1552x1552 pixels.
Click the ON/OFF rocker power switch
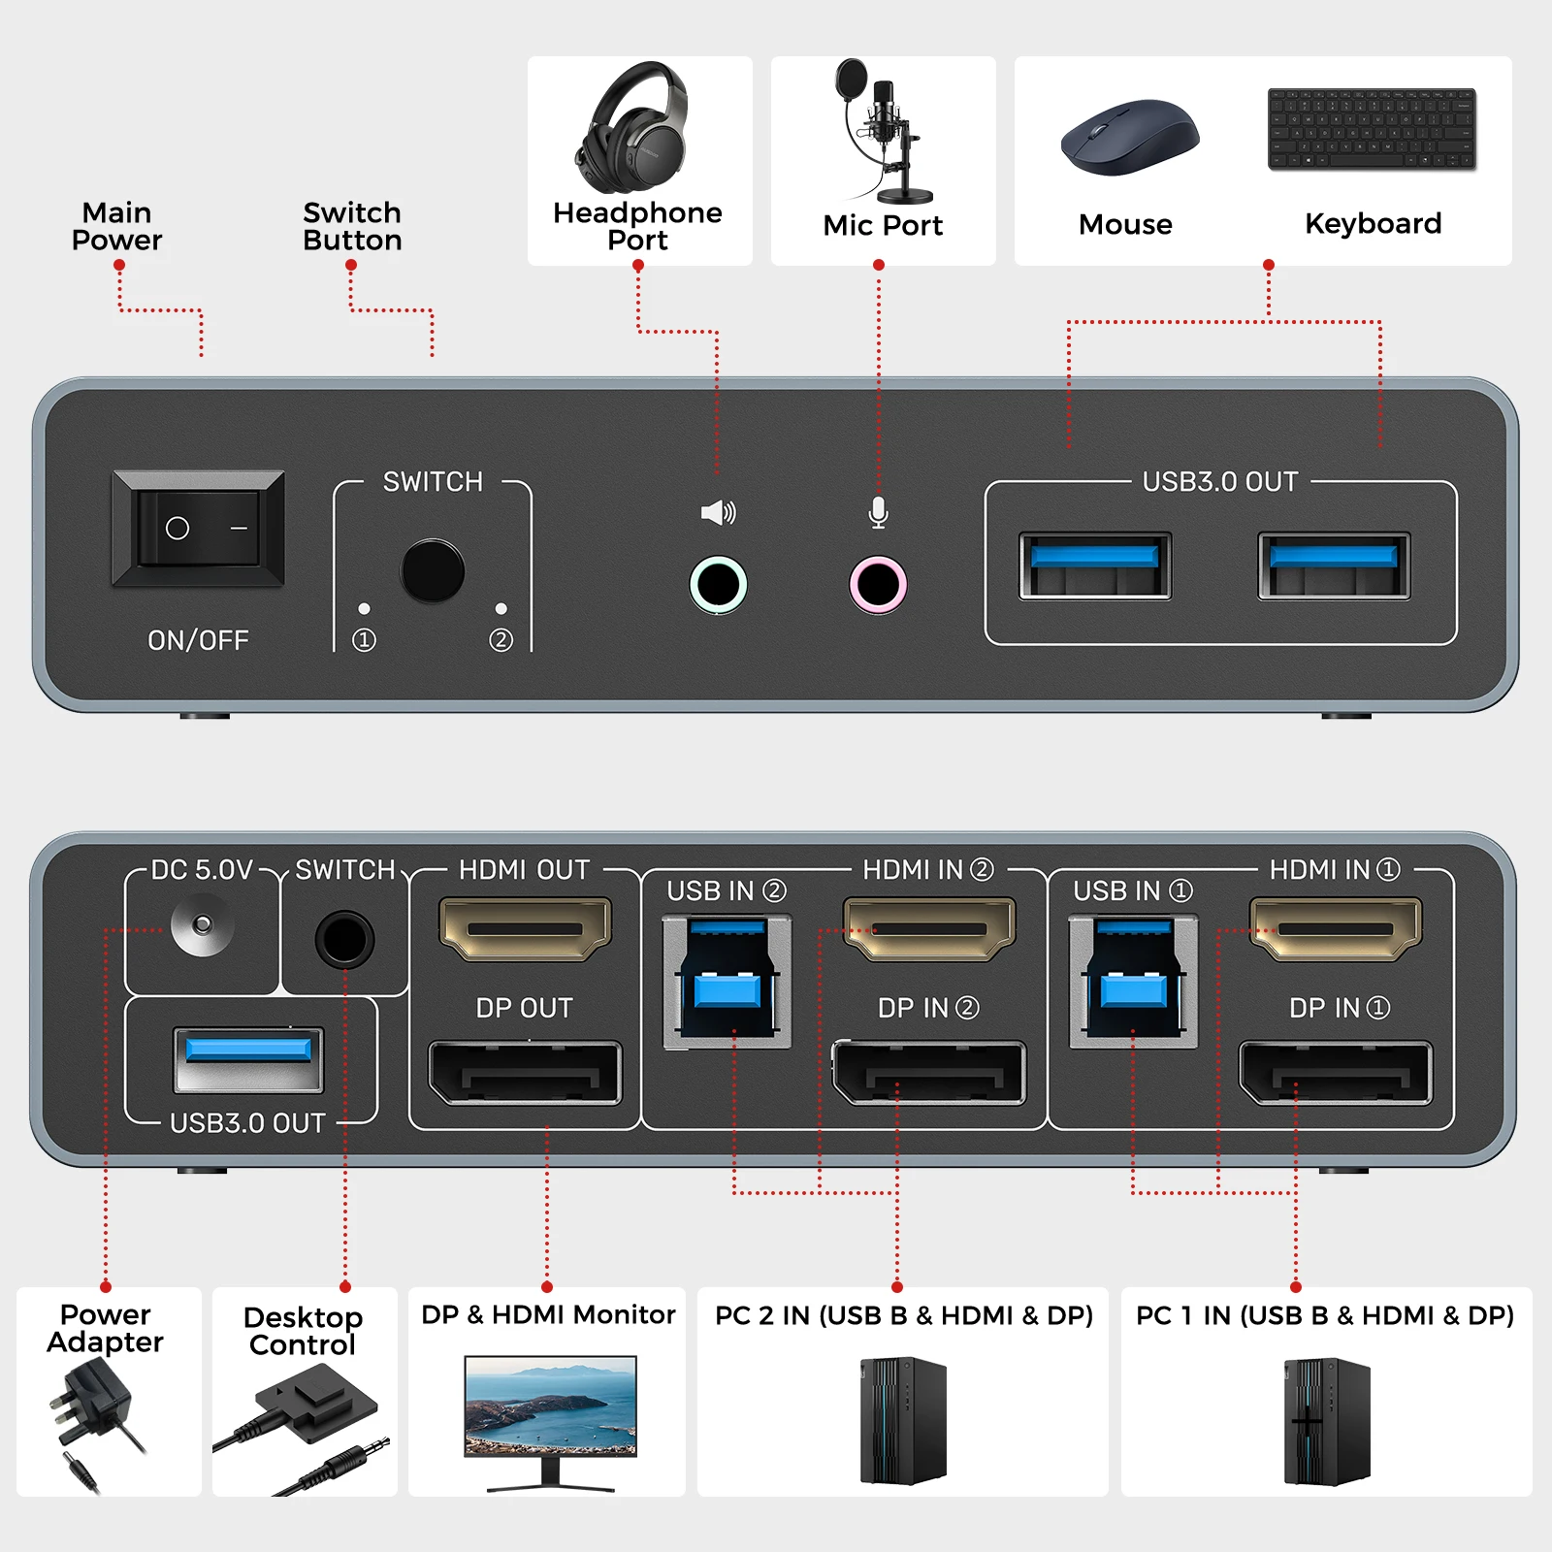coord(199,529)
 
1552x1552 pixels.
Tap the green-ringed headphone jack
coord(718,584)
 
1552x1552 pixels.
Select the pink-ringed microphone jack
coord(878,584)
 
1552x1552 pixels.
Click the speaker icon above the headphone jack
coord(718,512)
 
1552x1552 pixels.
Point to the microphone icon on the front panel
coord(878,512)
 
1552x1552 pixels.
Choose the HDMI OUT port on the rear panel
coord(525,928)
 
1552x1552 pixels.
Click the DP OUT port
coord(525,1073)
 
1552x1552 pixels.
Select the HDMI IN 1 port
coord(1336,928)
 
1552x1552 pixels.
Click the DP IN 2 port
coord(928,1073)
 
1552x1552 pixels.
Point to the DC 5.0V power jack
coord(202,924)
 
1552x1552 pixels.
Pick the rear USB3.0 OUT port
coord(248,1059)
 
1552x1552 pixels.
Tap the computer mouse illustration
coord(1129,138)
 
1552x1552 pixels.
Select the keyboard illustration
coord(1372,130)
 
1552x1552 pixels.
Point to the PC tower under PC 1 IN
coord(1326,1421)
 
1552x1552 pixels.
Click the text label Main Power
coord(116,226)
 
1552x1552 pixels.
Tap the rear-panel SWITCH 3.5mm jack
coord(344,938)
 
